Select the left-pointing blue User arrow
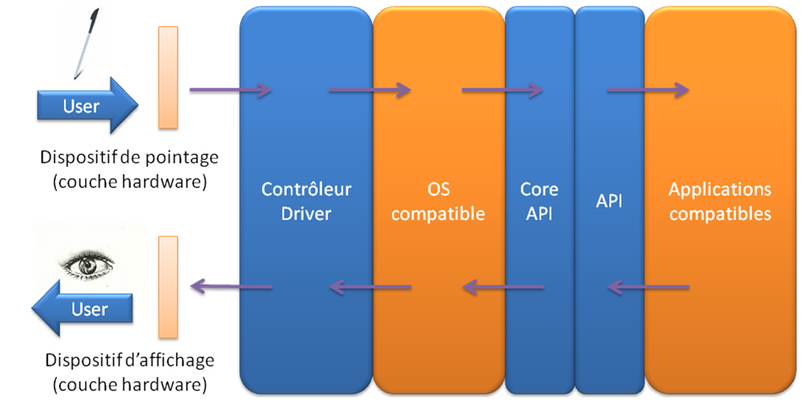[x=81, y=309]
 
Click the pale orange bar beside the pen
[x=168, y=77]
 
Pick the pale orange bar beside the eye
[x=168, y=286]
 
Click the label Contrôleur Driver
[x=305, y=202]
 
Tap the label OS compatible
[x=438, y=202]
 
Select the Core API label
[x=540, y=202]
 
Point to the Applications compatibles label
[x=720, y=202]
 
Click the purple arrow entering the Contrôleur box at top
[x=230, y=89]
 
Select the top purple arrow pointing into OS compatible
[x=369, y=89]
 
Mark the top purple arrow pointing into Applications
[x=647, y=89]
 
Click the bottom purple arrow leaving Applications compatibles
[x=649, y=287]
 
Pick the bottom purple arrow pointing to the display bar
[x=230, y=285]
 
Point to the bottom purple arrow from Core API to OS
[x=503, y=287]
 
